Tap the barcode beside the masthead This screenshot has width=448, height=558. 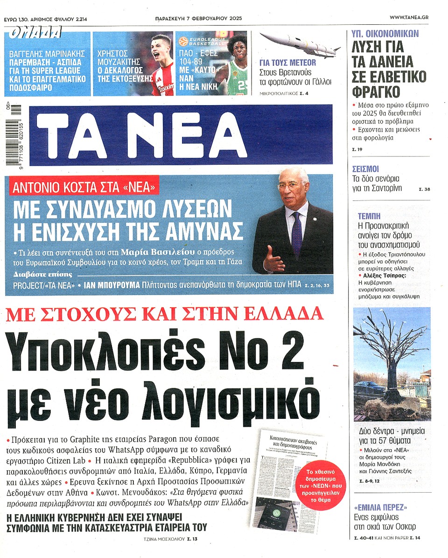(17, 135)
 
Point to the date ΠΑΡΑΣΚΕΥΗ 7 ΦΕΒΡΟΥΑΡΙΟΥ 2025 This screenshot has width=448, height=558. (202, 18)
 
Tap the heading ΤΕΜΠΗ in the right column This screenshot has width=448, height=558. (369, 216)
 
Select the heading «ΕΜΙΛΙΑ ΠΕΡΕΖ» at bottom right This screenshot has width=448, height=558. (380, 507)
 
